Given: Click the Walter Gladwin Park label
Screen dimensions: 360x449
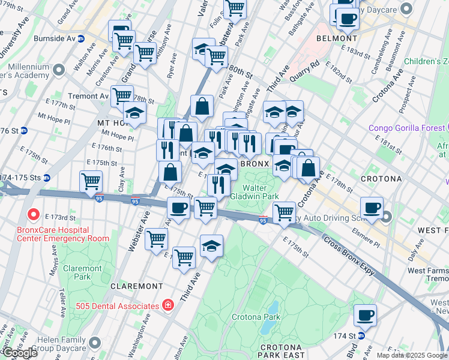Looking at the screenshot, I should [263, 191].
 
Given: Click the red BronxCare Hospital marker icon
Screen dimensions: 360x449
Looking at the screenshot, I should [32, 214].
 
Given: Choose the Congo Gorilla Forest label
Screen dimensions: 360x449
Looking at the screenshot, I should [406, 128].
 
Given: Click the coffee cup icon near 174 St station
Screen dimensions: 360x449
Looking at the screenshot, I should [365, 314].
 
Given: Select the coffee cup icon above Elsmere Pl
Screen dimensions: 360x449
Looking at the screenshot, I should [372, 208].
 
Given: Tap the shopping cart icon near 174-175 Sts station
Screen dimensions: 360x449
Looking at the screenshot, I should [91, 181].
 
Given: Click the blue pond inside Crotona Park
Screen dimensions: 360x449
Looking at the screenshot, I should [274, 308].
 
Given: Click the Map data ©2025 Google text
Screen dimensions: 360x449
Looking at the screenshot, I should [412, 355].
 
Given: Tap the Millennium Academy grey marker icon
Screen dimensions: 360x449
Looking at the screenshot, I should [59, 71].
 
